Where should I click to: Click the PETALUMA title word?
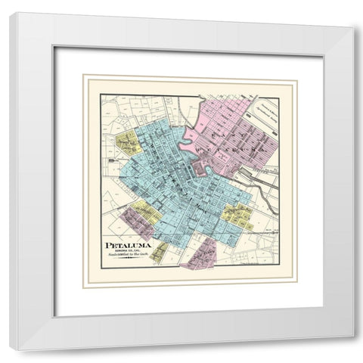coord(127,246)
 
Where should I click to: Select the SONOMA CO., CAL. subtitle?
coord(128,253)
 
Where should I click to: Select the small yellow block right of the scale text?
coord(159,252)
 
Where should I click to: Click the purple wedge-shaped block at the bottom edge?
coord(202,255)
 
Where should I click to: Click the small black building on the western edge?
coord(113,160)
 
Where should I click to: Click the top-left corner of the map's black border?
coord(101,94)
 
